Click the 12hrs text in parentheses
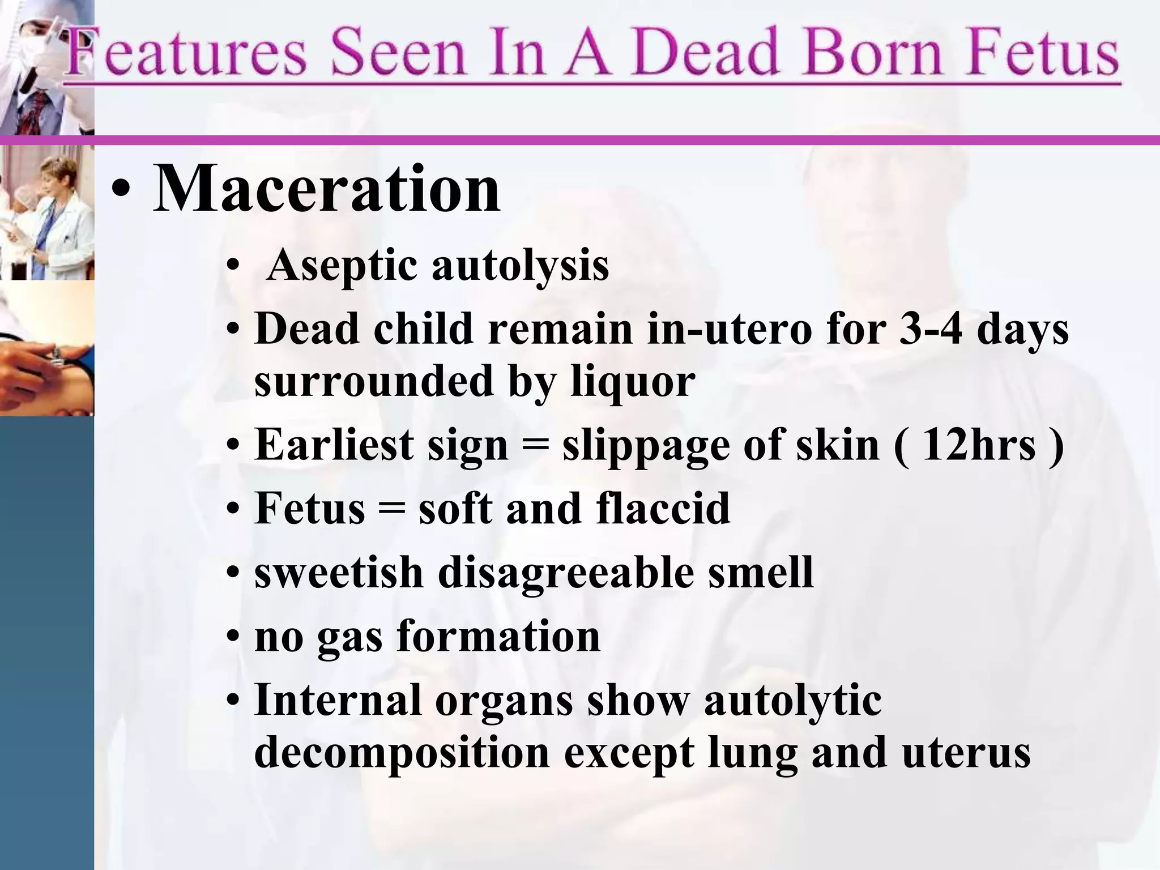pos(978,445)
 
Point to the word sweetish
pos(339,572)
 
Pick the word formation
pos(498,636)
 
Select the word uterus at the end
pos(966,753)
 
